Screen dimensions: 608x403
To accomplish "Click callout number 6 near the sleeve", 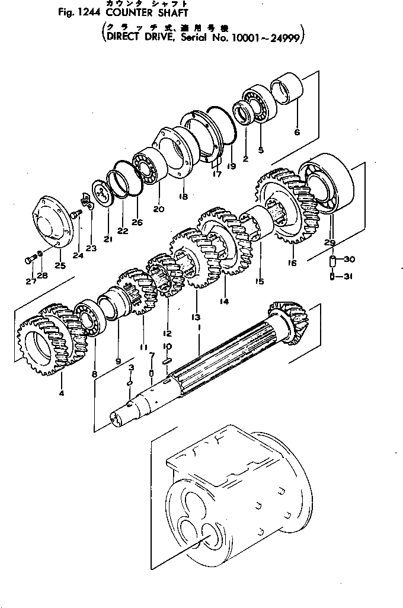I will coord(297,132).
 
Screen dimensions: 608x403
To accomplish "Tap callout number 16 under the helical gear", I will coord(291,263).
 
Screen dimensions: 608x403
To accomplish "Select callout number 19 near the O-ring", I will coord(231,167).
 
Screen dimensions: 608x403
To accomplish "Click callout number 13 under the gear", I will coord(196,317).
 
